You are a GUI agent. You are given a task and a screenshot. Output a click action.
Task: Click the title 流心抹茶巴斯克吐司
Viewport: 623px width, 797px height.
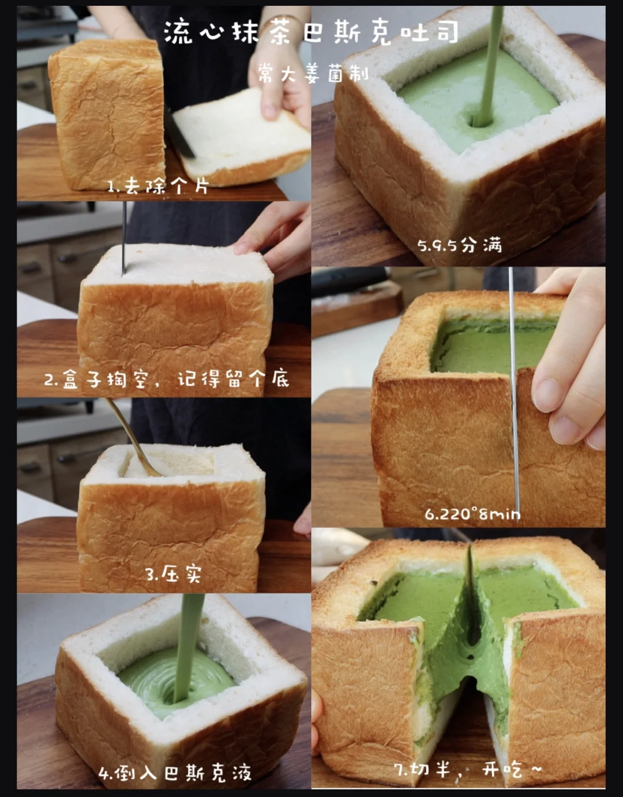[311, 33]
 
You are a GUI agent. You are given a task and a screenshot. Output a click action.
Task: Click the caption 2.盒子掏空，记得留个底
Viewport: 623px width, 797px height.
[167, 379]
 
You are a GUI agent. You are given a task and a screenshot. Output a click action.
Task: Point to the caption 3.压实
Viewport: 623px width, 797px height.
[174, 574]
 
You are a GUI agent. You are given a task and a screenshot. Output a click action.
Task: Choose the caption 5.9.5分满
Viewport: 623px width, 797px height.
[460, 245]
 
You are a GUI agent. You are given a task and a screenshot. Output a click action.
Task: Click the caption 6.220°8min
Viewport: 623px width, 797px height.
[472, 514]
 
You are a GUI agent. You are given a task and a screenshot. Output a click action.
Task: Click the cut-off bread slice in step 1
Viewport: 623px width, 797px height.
[242, 137]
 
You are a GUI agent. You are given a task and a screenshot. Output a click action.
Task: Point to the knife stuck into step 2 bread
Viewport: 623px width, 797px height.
[124, 238]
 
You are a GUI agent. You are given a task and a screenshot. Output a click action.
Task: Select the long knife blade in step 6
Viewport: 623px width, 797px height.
[514, 389]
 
